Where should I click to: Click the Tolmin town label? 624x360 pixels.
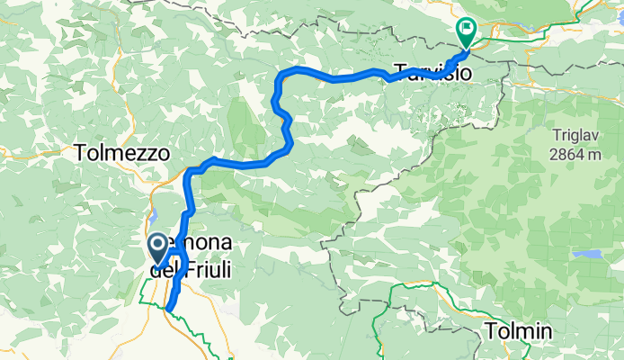[519, 330]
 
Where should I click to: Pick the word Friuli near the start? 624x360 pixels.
[208, 267]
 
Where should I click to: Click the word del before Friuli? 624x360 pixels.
[165, 267]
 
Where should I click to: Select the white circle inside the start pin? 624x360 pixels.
[156, 243]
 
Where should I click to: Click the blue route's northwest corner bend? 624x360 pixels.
[281, 72]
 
